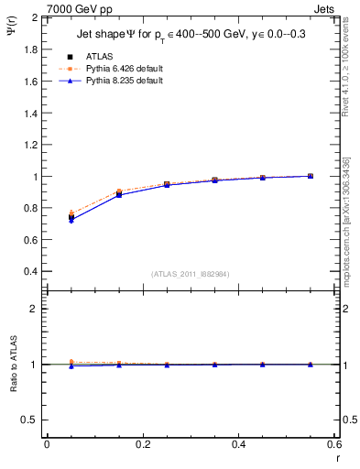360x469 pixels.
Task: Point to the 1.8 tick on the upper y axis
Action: [x=29, y=49]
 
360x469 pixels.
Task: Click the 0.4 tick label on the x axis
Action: [x=238, y=444]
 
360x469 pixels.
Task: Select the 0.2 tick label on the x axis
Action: [x=142, y=444]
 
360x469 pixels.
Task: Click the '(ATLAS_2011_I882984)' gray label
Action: [x=191, y=274]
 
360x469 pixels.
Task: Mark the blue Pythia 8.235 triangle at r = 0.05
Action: [x=71, y=221]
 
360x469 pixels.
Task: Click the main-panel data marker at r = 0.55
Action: [x=311, y=176]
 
